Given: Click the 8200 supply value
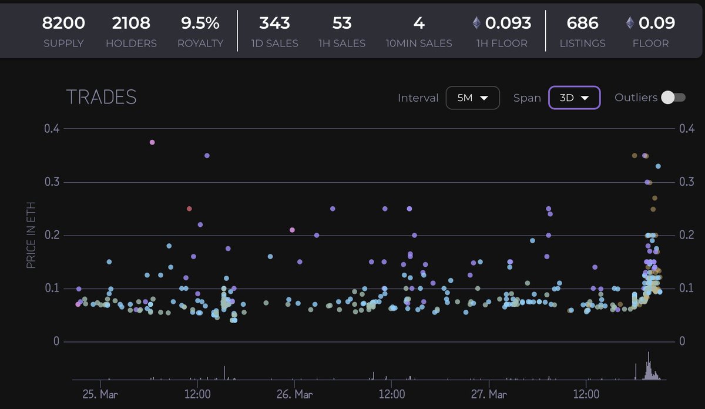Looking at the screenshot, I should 63,24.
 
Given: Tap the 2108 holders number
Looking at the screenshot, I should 131,24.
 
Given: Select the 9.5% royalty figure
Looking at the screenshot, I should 200,24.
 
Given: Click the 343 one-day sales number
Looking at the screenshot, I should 274,24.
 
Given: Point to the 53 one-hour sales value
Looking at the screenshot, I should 341,24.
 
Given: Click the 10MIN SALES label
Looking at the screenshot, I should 419,43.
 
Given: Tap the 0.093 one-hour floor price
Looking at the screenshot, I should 509,24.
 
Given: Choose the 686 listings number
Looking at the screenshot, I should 582,24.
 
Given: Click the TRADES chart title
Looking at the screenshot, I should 101,98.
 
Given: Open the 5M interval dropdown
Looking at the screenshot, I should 472,98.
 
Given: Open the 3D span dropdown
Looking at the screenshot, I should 574,98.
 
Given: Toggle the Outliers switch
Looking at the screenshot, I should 673,98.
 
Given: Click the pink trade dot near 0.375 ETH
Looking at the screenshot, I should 152,142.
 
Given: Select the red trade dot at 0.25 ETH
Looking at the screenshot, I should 189,209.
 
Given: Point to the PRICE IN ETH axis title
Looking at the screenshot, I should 31,235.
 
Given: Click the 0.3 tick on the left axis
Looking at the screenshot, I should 52,182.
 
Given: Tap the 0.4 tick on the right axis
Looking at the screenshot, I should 687,128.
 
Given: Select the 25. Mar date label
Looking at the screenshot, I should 100,394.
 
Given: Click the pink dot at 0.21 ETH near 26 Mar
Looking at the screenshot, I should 292,230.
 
